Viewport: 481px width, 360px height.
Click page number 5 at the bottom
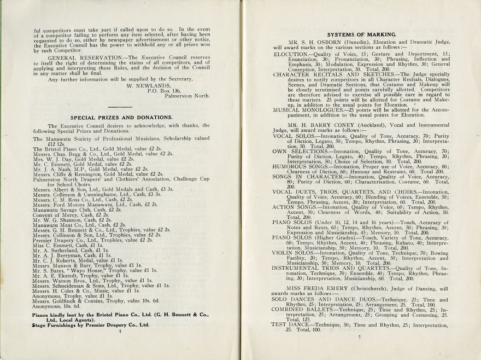pos(359,337)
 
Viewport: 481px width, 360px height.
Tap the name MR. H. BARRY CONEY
pos(327,125)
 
